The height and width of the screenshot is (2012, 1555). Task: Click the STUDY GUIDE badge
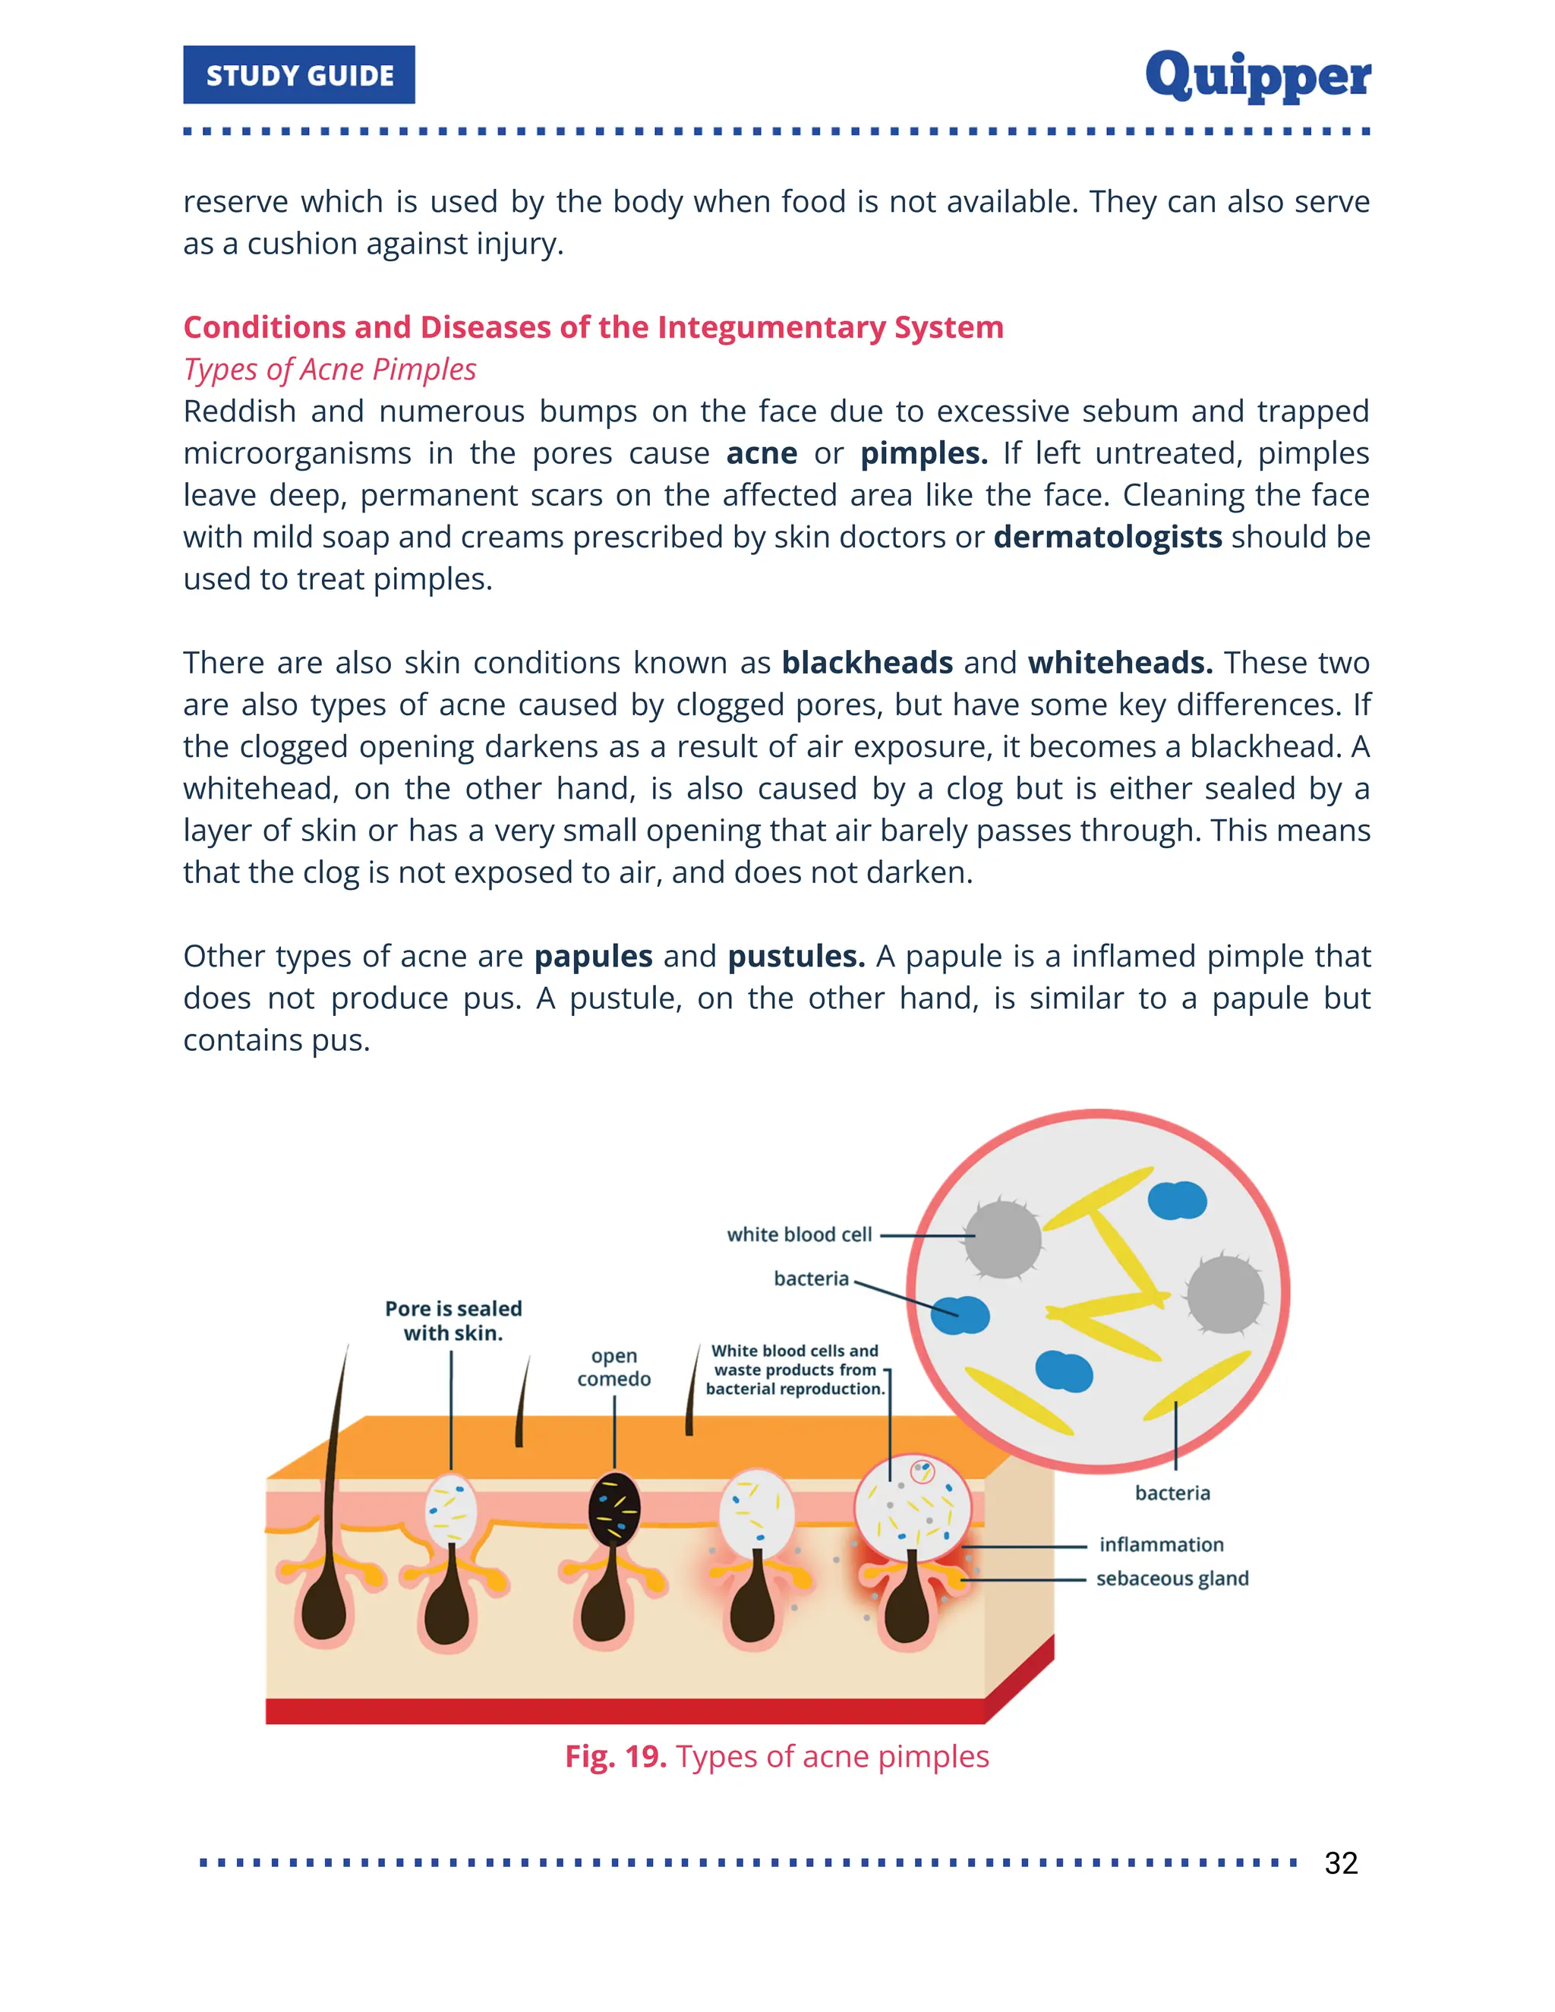298,74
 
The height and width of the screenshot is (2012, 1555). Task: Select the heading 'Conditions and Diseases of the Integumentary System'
593,327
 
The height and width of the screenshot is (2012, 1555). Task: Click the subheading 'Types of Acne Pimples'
330,370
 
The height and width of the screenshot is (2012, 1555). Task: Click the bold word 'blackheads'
867,662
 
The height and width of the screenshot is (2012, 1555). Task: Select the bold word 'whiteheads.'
1120,662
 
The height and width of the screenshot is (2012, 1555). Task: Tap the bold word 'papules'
593,956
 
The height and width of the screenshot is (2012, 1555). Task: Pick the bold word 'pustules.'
796,956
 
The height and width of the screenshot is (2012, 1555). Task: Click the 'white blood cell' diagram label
799,1235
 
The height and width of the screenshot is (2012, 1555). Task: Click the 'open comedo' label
613,1367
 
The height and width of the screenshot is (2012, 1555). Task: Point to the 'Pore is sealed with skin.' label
453,1320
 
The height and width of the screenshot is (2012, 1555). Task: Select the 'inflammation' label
1161,1545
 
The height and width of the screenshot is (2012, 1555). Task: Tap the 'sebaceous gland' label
1172,1578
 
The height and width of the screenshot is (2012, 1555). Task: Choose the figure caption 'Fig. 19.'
615,1757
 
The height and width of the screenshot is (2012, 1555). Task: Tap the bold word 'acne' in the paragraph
761,453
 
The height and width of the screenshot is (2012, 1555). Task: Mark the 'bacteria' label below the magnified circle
1172,1493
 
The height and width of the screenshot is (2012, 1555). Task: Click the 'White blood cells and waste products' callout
795,1370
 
